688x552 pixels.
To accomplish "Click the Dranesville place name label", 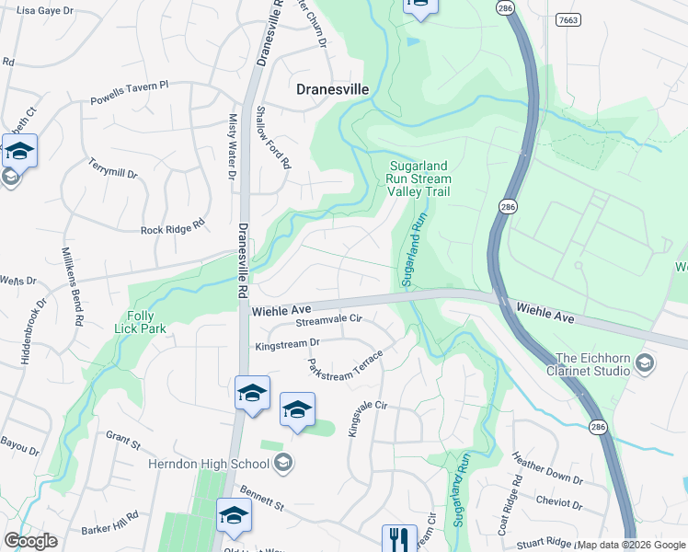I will pyautogui.click(x=333, y=89).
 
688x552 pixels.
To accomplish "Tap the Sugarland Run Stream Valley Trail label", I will pyautogui.click(x=419, y=178).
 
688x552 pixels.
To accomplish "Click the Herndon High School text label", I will pyautogui.click(x=209, y=462).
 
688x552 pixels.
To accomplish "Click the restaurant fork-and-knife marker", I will pyautogui.click(x=399, y=538).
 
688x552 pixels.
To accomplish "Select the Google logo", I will pyautogui.click(x=30, y=541).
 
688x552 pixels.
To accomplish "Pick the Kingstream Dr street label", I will pyautogui.click(x=286, y=343).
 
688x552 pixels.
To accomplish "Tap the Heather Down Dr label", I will pyautogui.click(x=547, y=472).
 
